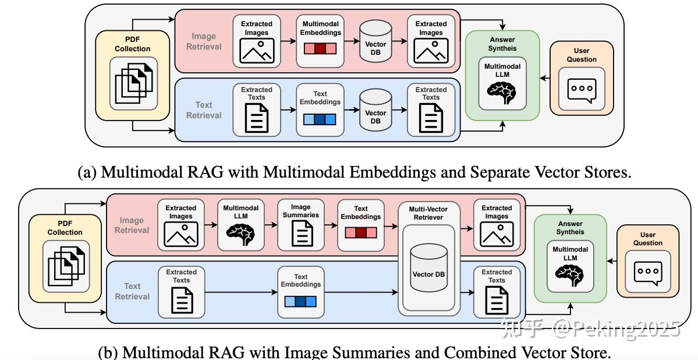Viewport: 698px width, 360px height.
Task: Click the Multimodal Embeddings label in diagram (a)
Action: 320,28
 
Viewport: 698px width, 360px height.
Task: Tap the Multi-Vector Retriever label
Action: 428,213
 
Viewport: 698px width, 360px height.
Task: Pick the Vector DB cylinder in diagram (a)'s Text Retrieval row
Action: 375,110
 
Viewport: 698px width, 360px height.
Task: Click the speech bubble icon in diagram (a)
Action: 582,90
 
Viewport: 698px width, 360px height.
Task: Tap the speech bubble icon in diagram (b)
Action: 647,272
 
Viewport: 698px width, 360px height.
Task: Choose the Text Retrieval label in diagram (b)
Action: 132,291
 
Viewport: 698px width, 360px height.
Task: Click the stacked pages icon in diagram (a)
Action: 132,84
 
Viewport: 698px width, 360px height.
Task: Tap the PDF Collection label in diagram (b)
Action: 65,228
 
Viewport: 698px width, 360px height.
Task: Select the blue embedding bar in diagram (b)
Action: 300,301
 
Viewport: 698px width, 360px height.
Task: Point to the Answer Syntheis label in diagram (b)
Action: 570,228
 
